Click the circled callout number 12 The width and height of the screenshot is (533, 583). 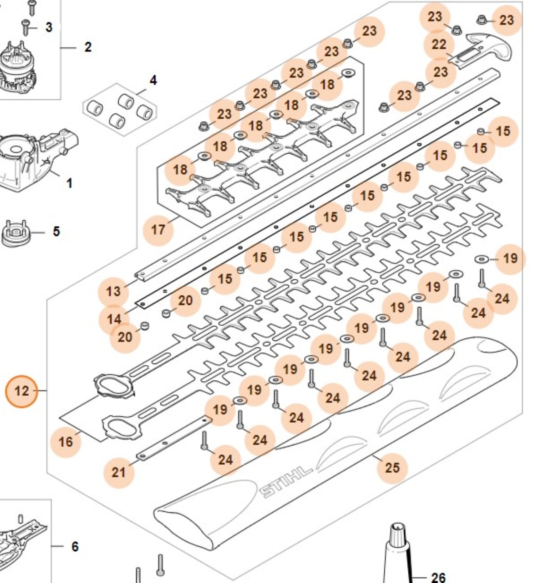[x=22, y=391]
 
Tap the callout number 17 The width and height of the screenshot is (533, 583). [x=158, y=230]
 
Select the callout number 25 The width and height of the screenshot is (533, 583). [x=392, y=468]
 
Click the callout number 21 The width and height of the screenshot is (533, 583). [x=119, y=472]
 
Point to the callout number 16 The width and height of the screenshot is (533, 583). [x=65, y=442]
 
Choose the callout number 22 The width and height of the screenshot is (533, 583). [x=438, y=45]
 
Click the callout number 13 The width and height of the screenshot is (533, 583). [x=113, y=291]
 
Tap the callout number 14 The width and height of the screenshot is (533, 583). [x=114, y=320]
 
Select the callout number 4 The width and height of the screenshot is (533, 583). [x=153, y=80]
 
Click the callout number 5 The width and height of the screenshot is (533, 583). [x=56, y=232]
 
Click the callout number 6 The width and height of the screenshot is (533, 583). [x=75, y=546]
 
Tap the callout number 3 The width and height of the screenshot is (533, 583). [x=49, y=27]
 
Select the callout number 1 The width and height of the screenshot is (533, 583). [x=69, y=183]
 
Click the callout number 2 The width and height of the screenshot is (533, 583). [x=88, y=47]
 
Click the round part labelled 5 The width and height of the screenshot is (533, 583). [x=16, y=233]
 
